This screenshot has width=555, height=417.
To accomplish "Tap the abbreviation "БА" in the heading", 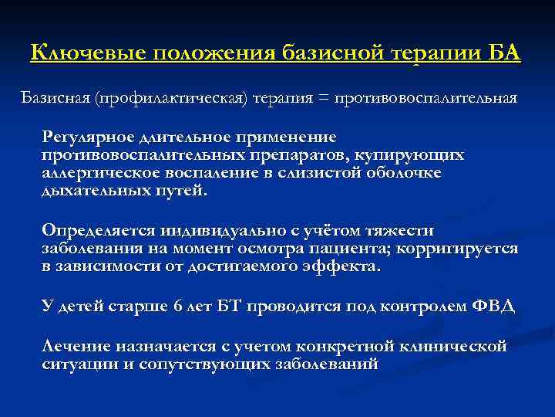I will (x=505, y=54).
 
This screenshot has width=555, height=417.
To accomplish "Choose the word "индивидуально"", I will (x=210, y=231).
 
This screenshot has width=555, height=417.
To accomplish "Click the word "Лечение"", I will (x=75, y=345).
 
